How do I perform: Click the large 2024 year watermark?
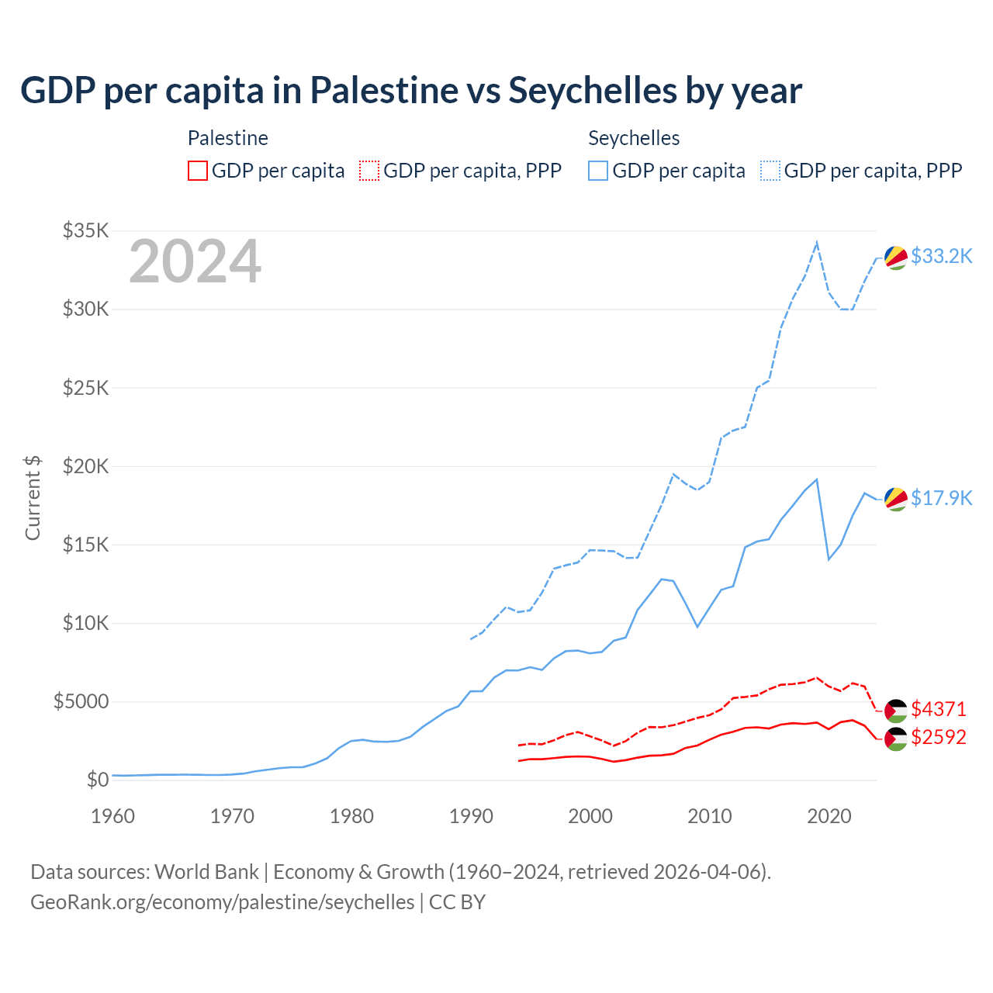click(195, 261)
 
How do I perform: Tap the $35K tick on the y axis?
click(86, 230)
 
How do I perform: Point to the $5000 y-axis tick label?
click(81, 701)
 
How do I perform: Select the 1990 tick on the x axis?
click(471, 816)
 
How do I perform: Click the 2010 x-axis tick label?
click(710, 816)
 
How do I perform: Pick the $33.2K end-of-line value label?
click(941, 256)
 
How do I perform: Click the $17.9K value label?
click(941, 498)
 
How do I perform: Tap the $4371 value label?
click(939, 709)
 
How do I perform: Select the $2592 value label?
click(939, 737)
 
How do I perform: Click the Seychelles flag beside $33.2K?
click(896, 258)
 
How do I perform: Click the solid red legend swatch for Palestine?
click(198, 171)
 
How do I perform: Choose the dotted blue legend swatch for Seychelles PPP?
click(770, 171)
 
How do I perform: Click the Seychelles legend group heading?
click(634, 138)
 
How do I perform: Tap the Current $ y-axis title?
click(33, 498)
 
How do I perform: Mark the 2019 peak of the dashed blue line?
click(817, 243)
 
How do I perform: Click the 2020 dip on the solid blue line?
click(829, 559)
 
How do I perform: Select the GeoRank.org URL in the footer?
click(223, 902)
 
